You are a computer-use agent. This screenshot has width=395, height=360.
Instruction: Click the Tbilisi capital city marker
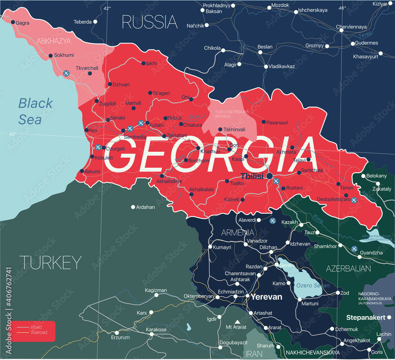pyautogui.click(x=270, y=175)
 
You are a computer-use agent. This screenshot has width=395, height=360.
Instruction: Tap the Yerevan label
pyautogui.click(x=267, y=297)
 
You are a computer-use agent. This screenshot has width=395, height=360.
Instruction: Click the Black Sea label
pyautogui.click(x=35, y=111)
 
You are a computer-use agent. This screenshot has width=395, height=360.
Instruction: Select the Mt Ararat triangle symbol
pyautogui.click(x=237, y=322)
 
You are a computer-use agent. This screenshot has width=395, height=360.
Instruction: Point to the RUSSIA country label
pyautogui.click(x=149, y=22)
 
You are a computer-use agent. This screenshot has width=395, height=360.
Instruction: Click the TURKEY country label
pyautogui.click(x=50, y=262)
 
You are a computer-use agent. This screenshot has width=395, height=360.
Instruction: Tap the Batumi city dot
pyautogui.click(x=82, y=171)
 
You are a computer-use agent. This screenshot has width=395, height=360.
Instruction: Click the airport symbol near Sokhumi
pyautogui.click(x=67, y=73)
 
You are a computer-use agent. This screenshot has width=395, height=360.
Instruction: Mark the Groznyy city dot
pyautogui.click(x=327, y=46)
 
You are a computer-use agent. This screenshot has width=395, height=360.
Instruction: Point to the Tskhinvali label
pyautogui.click(x=234, y=129)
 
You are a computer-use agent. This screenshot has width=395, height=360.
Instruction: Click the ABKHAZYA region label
pyautogui.click(x=54, y=41)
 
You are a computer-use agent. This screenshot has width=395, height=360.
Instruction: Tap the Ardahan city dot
pyautogui.click(x=133, y=207)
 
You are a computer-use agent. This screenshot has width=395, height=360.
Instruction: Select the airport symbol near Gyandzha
pyautogui.click(x=354, y=249)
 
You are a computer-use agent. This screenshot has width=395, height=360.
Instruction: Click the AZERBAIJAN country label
pyautogui.click(x=348, y=269)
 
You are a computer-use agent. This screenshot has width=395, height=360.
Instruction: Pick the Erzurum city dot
pyautogui.click(x=116, y=333)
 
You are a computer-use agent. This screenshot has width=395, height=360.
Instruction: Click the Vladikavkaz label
pyautogui.click(x=282, y=66)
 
